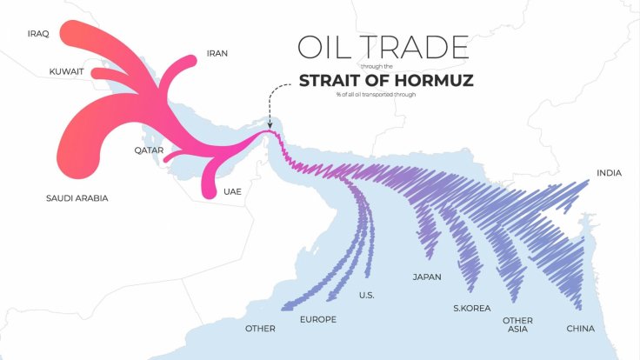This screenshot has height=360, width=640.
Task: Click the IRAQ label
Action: click(38, 33)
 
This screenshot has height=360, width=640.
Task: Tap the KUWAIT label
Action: click(66, 72)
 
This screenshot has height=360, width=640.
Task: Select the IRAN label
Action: click(217, 53)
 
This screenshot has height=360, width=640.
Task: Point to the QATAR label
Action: click(149, 150)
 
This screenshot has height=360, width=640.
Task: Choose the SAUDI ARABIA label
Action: click(77, 198)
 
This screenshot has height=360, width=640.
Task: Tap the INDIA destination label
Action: click(609, 173)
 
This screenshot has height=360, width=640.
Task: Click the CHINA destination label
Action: click(580, 329)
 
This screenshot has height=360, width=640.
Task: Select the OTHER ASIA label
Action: click(517, 325)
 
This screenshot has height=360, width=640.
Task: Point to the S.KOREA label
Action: click(472, 308)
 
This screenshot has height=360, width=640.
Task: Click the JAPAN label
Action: click(426, 277)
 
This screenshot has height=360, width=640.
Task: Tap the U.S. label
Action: click(367, 296)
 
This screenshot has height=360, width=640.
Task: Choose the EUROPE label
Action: click(317, 320)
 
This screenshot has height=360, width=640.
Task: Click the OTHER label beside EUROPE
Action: click(260, 329)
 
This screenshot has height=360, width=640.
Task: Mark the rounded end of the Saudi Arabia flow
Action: click(83, 163)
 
